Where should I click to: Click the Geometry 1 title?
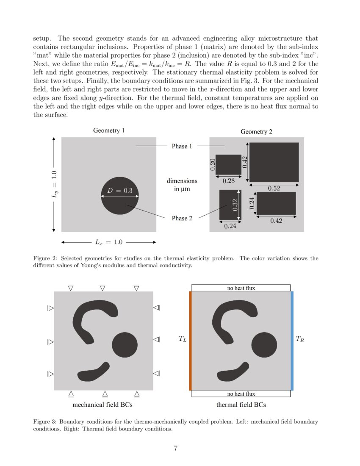(109, 130)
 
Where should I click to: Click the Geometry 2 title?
(256, 132)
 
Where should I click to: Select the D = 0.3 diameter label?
(120, 191)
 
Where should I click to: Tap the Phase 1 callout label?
(182, 146)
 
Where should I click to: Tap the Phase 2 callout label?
(182, 218)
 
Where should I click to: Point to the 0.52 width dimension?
(274, 189)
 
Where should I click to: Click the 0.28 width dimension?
(229, 180)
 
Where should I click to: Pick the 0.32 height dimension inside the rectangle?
(235, 205)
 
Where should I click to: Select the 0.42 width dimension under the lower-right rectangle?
(276, 220)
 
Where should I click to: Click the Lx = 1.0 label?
(108, 242)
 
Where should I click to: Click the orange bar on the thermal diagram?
(190, 341)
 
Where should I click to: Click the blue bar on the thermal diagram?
(292, 341)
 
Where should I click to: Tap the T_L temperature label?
(182, 339)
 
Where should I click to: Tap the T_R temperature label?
(299, 339)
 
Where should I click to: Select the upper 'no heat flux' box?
(241, 288)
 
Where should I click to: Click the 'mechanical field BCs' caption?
(102, 405)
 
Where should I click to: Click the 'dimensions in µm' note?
(182, 185)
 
